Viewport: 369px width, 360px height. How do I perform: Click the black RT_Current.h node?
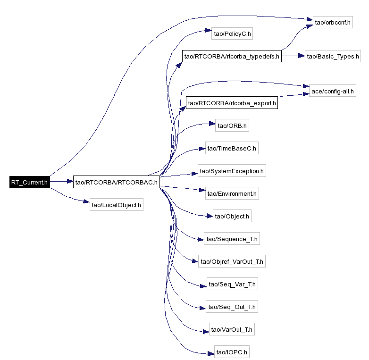tap(30, 182)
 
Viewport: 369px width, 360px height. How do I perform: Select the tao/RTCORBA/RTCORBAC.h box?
tap(117, 182)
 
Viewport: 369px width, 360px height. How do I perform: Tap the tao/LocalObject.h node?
tap(116, 204)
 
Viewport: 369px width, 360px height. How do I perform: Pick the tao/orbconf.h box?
tap(333, 22)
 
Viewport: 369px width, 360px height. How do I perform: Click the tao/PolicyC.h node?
tap(232, 33)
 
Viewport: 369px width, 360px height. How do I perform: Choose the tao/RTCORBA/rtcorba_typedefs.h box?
tap(232, 56)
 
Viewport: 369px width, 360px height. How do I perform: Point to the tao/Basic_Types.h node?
tap(333, 56)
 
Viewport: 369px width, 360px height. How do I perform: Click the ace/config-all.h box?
tap(333, 91)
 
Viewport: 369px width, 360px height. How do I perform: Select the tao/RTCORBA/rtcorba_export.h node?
tap(232, 102)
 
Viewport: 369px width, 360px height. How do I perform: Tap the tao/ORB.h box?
tap(232, 125)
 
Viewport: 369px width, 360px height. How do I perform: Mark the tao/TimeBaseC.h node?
tap(232, 148)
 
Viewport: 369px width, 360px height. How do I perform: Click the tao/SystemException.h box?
tap(232, 171)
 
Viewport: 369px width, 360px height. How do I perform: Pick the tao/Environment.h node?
tap(232, 193)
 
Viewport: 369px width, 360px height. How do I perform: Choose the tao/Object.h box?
tap(232, 216)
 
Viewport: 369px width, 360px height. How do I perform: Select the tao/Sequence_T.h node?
tap(232, 238)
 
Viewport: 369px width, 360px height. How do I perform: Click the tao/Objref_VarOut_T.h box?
tap(232, 261)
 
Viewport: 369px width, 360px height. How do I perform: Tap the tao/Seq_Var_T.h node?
tap(232, 284)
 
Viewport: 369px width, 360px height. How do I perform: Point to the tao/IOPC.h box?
tap(232, 352)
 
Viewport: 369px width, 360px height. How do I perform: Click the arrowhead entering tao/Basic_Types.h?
tap(302, 56)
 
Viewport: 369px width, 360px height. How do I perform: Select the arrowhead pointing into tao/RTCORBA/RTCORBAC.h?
tap(70, 181)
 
